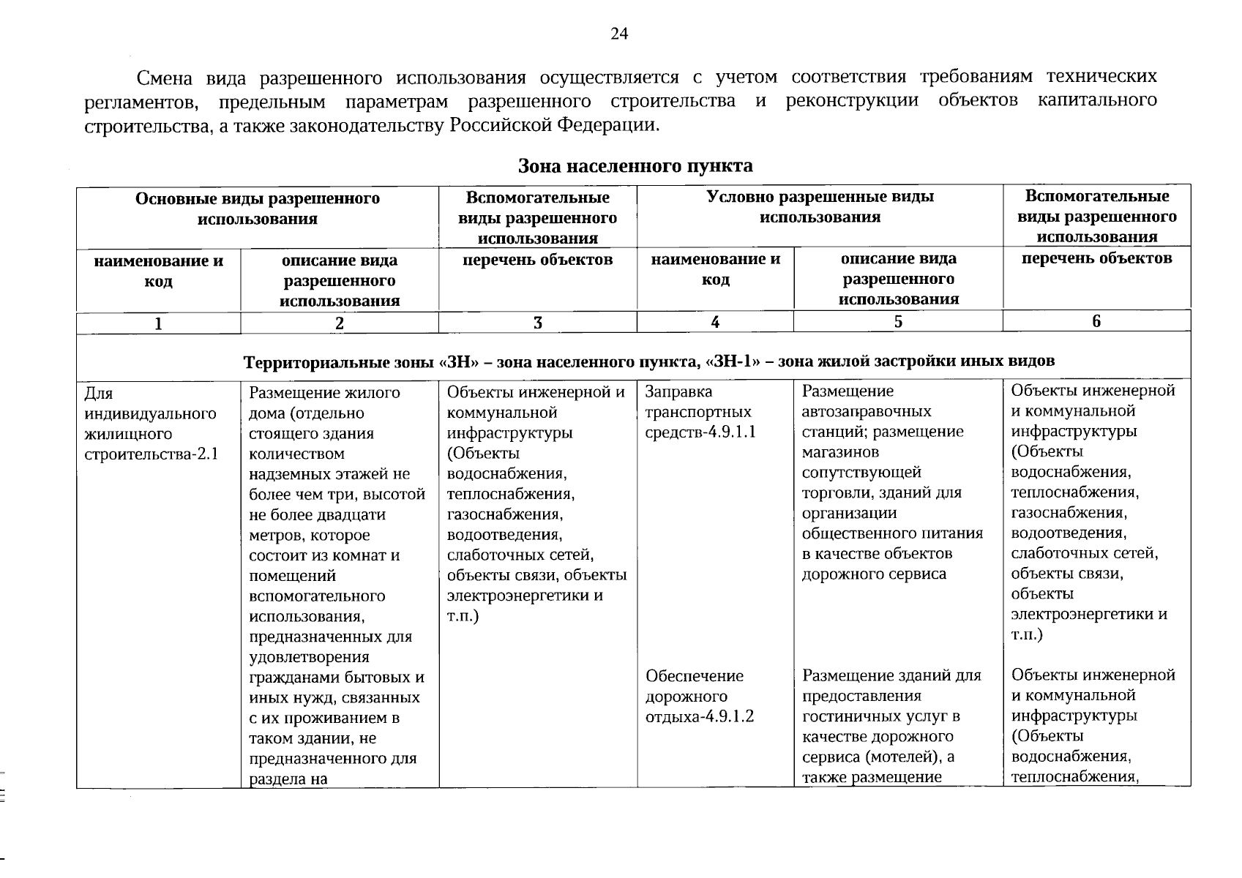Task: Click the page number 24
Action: tap(619, 34)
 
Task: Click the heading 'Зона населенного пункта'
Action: tap(635, 166)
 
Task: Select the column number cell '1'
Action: tap(158, 323)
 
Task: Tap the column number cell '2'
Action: tap(340, 323)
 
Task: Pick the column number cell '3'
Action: tap(538, 323)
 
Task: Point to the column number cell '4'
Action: tap(715, 322)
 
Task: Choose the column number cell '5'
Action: tap(898, 322)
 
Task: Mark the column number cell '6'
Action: tap(1096, 321)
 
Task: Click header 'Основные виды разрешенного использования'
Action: tap(258, 209)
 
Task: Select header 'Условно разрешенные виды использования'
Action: tap(820, 207)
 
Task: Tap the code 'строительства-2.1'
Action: tap(151, 454)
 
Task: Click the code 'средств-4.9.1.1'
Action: tap(700, 432)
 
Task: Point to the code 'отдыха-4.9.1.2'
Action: tap(699, 716)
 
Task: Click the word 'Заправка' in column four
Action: tap(678, 392)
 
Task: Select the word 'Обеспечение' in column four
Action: tap(695, 676)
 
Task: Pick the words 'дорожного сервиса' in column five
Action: tap(874, 574)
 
